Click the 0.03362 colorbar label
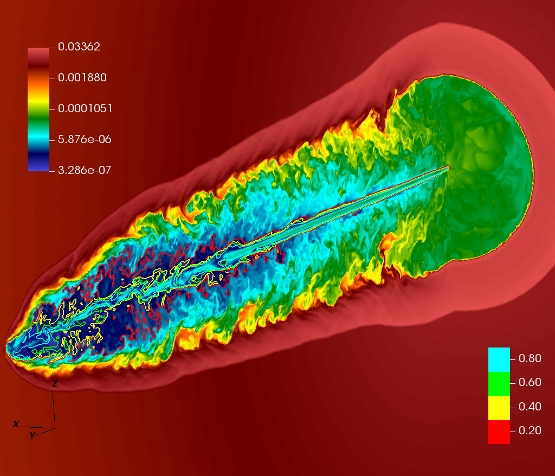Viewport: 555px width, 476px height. click(x=79, y=47)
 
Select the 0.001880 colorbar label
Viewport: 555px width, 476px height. click(x=82, y=78)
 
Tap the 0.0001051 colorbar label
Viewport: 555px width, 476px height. click(x=85, y=108)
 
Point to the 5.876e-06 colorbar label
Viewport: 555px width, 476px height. click(x=85, y=139)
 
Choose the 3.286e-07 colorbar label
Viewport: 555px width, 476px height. click(x=85, y=170)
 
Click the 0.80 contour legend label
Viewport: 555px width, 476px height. click(x=530, y=358)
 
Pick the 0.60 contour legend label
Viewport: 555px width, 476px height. click(x=530, y=383)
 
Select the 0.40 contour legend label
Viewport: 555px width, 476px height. click(x=530, y=407)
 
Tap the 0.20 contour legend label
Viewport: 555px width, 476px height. click(x=530, y=430)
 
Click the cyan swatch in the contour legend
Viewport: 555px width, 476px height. click(x=499, y=359)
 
